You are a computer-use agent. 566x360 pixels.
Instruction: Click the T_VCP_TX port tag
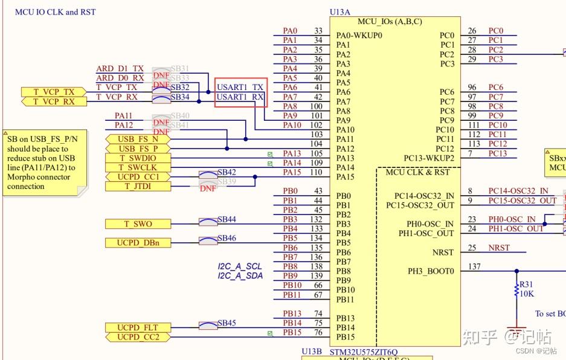click(54, 92)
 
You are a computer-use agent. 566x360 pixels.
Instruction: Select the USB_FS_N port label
click(138, 139)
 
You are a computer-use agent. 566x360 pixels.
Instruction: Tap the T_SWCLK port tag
click(137, 167)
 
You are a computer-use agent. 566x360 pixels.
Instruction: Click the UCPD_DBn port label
click(137, 243)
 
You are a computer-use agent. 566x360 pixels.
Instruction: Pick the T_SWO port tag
click(137, 224)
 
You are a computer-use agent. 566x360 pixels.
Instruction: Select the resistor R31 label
click(526, 284)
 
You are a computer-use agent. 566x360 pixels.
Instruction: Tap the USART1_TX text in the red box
click(240, 88)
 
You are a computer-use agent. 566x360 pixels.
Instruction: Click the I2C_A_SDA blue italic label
click(240, 275)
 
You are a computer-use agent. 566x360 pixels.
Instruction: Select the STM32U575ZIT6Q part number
click(363, 352)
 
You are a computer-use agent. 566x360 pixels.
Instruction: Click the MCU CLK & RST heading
click(417, 172)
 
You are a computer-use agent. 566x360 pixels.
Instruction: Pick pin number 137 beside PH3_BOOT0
click(475, 266)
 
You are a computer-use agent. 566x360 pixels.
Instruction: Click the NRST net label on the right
click(499, 248)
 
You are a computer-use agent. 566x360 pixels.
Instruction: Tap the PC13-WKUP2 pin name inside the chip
click(429, 158)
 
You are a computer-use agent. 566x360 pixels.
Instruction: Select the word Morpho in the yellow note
click(21, 177)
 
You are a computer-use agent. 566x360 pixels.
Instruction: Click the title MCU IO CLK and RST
click(56, 12)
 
